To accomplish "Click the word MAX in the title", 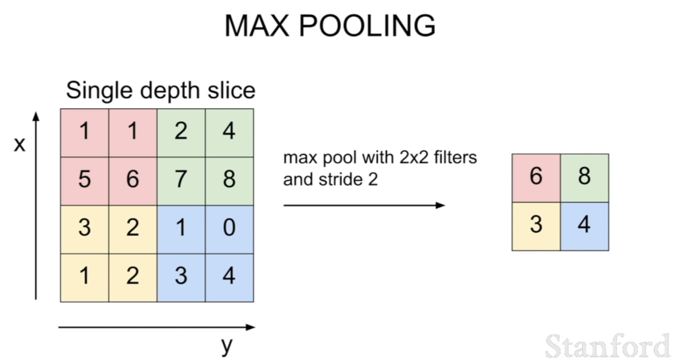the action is pos(257,25).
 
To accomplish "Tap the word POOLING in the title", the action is pos(367,25).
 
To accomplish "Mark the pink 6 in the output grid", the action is pos(536,178).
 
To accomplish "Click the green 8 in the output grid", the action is pos(584,178).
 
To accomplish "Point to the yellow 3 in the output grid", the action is pos(536,226).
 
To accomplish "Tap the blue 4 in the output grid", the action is pos(584,226).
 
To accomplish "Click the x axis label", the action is pos(20,144).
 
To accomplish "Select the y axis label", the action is pos(227,346).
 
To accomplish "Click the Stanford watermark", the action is pos(608,346).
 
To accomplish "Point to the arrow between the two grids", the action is pos(364,205).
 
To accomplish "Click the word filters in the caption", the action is pos(456,157).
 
